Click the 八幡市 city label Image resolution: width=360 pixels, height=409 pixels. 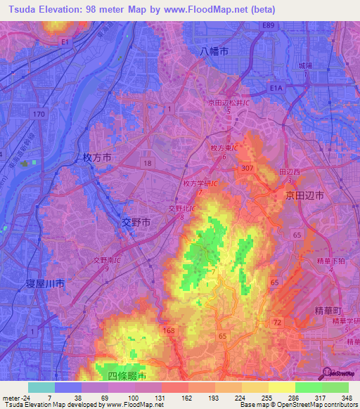tap(214, 51)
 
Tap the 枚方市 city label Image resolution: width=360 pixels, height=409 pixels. tap(97, 158)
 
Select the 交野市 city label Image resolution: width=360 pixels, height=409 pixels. tap(136, 222)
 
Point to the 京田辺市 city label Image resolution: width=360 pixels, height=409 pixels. tap(304, 197)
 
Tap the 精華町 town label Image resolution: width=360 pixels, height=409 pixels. tap(328, 309)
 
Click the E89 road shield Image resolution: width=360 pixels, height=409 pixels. tap(268, 25)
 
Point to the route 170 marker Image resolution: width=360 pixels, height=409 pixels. tap(40, 113)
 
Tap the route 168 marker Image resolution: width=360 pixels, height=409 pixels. tap(169, 330)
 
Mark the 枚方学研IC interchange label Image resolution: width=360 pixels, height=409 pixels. tap(201, 183)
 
